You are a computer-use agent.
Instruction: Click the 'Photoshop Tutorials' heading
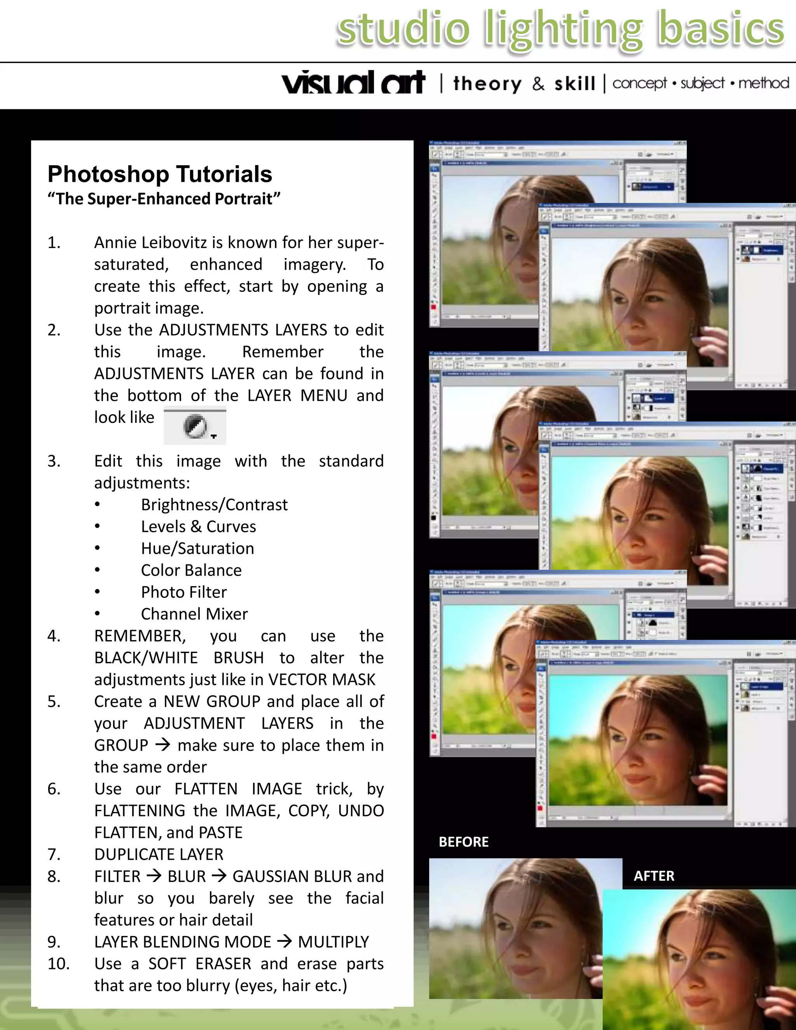click(160, 174)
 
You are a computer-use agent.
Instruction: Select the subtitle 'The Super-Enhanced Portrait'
click(164, 199)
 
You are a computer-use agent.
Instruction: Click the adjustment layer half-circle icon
click(195, 426)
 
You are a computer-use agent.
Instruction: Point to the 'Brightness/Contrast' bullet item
click(214, 505)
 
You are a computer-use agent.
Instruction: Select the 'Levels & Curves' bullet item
click(198, 526)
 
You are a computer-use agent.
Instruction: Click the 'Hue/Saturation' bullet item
click(197, 548)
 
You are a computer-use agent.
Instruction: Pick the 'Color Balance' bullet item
click(191, 570)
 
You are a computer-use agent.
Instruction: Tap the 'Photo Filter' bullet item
click(183, 592)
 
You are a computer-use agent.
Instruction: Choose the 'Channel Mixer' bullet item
click(194, 614)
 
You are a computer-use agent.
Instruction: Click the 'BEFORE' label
click(464, 842)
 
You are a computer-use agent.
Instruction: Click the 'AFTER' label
click(654, 876)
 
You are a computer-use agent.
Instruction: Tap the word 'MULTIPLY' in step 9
click(333, 942)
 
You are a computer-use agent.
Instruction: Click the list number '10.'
click(58, 964)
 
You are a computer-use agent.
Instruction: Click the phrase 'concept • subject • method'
click(700, 83)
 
